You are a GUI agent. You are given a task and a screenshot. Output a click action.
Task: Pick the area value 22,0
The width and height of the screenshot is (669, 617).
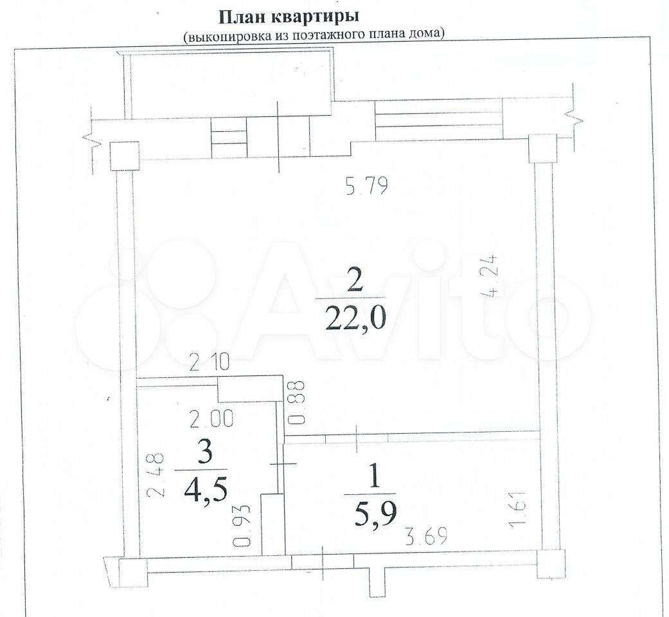[355, 318]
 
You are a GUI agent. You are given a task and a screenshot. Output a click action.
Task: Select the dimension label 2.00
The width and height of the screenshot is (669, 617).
[211, 419]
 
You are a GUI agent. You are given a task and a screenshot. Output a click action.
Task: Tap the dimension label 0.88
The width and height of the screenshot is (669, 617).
[298, 402]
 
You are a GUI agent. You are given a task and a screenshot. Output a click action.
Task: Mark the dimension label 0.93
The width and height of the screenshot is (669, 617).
[242, 526]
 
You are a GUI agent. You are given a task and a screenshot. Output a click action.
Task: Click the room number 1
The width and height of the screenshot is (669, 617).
[375, 478]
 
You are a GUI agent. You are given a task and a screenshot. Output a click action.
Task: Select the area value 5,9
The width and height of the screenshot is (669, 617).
[375, 515]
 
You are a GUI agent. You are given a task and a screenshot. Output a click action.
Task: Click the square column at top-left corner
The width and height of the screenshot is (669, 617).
[125, 156]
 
